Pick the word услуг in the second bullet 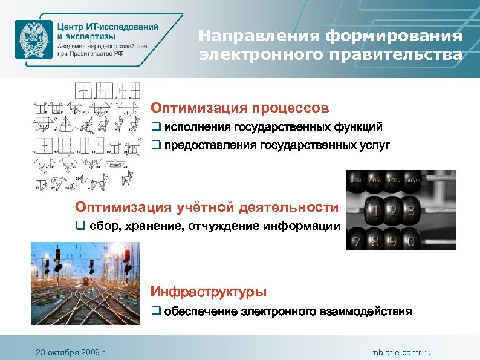click(375, 146)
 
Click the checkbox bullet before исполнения click(155, 128)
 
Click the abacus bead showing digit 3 click(412, 212)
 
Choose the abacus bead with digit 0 click(412, 242)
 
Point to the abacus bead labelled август click(412, 180)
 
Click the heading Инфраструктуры click(208, 292)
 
